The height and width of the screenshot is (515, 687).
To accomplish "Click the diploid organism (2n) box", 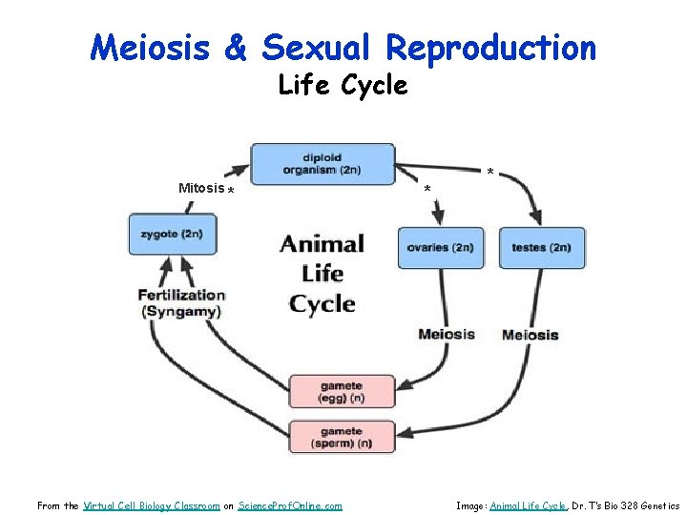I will point(323,164).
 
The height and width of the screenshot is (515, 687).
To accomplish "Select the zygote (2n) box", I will point(173,235).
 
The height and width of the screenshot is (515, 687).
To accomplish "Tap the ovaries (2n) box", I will point(440,248).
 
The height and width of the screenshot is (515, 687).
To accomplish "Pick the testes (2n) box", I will point(541,248).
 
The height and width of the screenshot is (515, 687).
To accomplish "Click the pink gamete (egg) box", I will point(342,391).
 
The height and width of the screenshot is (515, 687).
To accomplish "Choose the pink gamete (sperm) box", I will point(342,437).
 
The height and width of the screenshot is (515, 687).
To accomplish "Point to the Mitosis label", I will point(200,188).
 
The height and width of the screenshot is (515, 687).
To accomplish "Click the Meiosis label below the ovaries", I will point(446,334).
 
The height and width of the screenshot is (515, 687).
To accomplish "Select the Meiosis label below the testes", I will point(530,335).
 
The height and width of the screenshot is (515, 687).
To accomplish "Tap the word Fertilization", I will point(181,295).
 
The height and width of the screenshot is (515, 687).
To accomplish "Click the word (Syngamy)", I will point(181,312).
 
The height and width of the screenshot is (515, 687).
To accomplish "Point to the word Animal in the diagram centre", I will point(322,244).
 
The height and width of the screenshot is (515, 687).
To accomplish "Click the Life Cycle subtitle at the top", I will point(343,86).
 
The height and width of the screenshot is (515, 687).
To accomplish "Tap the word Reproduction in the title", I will point(491,47).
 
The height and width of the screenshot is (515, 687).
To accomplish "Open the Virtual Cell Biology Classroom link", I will point(152,505).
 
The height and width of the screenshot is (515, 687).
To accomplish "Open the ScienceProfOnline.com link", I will point(290,505).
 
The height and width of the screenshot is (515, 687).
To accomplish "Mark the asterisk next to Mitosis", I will point(231,191).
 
